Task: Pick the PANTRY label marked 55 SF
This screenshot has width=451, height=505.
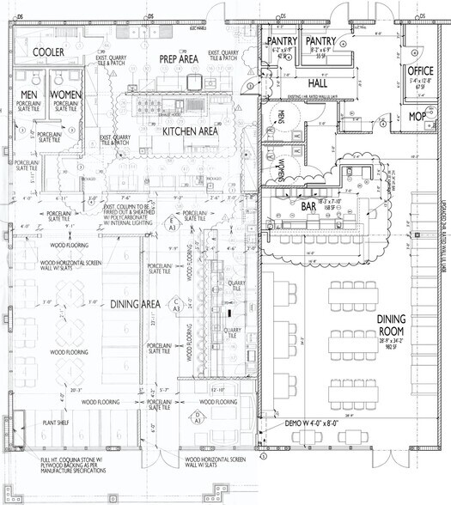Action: coord(320,41)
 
